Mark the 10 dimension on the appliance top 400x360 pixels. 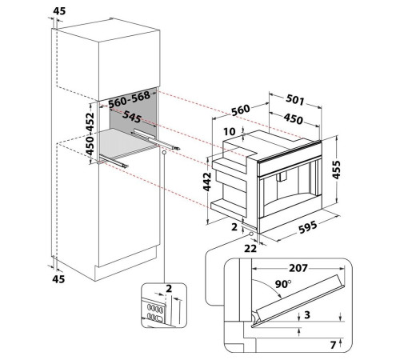coord(230,131)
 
